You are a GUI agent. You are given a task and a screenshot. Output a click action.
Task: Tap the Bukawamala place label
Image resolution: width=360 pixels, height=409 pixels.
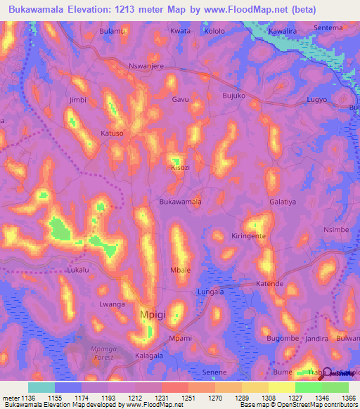(x=181, y=202)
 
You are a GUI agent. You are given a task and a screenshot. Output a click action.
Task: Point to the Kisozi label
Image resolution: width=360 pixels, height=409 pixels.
(x=181, y=169)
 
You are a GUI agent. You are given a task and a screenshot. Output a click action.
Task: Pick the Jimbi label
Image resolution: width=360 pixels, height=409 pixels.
(x=77, y=100)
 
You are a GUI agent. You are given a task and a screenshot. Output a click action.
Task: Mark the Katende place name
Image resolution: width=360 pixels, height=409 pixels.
(x=269, y=284)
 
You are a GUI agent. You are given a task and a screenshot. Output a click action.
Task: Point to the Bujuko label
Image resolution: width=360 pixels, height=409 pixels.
(x=233, y=95)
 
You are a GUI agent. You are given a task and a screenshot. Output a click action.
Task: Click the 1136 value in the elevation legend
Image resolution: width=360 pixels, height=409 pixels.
(x=29, y=398)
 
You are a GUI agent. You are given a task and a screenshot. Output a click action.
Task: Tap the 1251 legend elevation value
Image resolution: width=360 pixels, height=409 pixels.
(x=188, y=398)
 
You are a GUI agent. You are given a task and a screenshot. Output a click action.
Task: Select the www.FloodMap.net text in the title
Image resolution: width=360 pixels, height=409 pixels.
(x=243, y=10)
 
